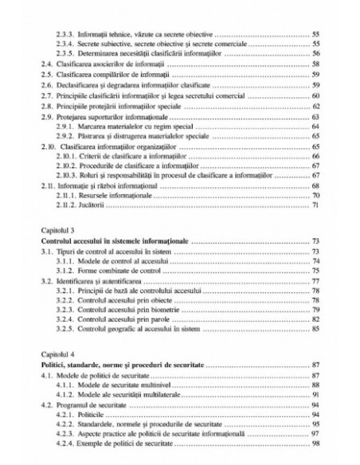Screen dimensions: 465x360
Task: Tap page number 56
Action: point(316,53)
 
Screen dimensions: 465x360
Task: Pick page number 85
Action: point(316,327)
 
